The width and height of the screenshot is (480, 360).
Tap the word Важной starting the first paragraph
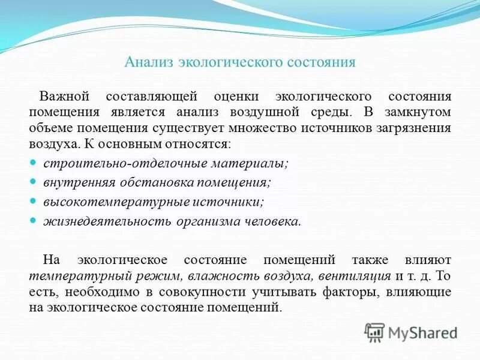(64, 97)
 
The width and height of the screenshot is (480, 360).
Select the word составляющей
(151, 97)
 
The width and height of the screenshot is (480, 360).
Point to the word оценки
(235, 97)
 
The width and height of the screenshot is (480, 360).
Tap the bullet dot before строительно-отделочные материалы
(34, 163)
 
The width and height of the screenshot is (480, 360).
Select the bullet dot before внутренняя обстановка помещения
(34, 182)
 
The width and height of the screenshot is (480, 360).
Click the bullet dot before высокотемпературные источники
(34, 201)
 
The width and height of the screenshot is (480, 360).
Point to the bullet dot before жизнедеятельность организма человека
(34, 220)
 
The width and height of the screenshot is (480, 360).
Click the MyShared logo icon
(374, 332)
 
